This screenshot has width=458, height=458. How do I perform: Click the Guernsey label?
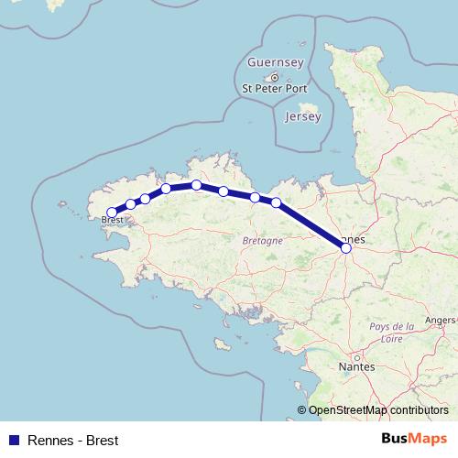[275, 62]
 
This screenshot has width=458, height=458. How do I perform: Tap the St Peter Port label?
[274, 89]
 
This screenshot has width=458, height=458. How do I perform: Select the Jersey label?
[303, 117]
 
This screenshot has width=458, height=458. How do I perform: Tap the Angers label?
[442, 321]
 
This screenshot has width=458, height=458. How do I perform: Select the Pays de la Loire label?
[391, 332]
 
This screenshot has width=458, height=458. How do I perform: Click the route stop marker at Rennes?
[345, 247]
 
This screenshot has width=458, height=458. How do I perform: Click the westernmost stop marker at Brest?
[112, 213]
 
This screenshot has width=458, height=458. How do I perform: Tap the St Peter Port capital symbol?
[274, 77]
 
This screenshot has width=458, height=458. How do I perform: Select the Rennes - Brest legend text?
[73, 440]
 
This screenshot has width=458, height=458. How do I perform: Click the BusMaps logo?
[414, 439]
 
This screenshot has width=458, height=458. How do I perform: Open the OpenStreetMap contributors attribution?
[377, 410]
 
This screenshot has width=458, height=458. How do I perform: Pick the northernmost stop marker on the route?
[197, 185]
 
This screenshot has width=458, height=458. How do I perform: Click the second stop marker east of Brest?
[145, 199]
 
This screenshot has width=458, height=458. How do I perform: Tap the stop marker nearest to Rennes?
[276, 202]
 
